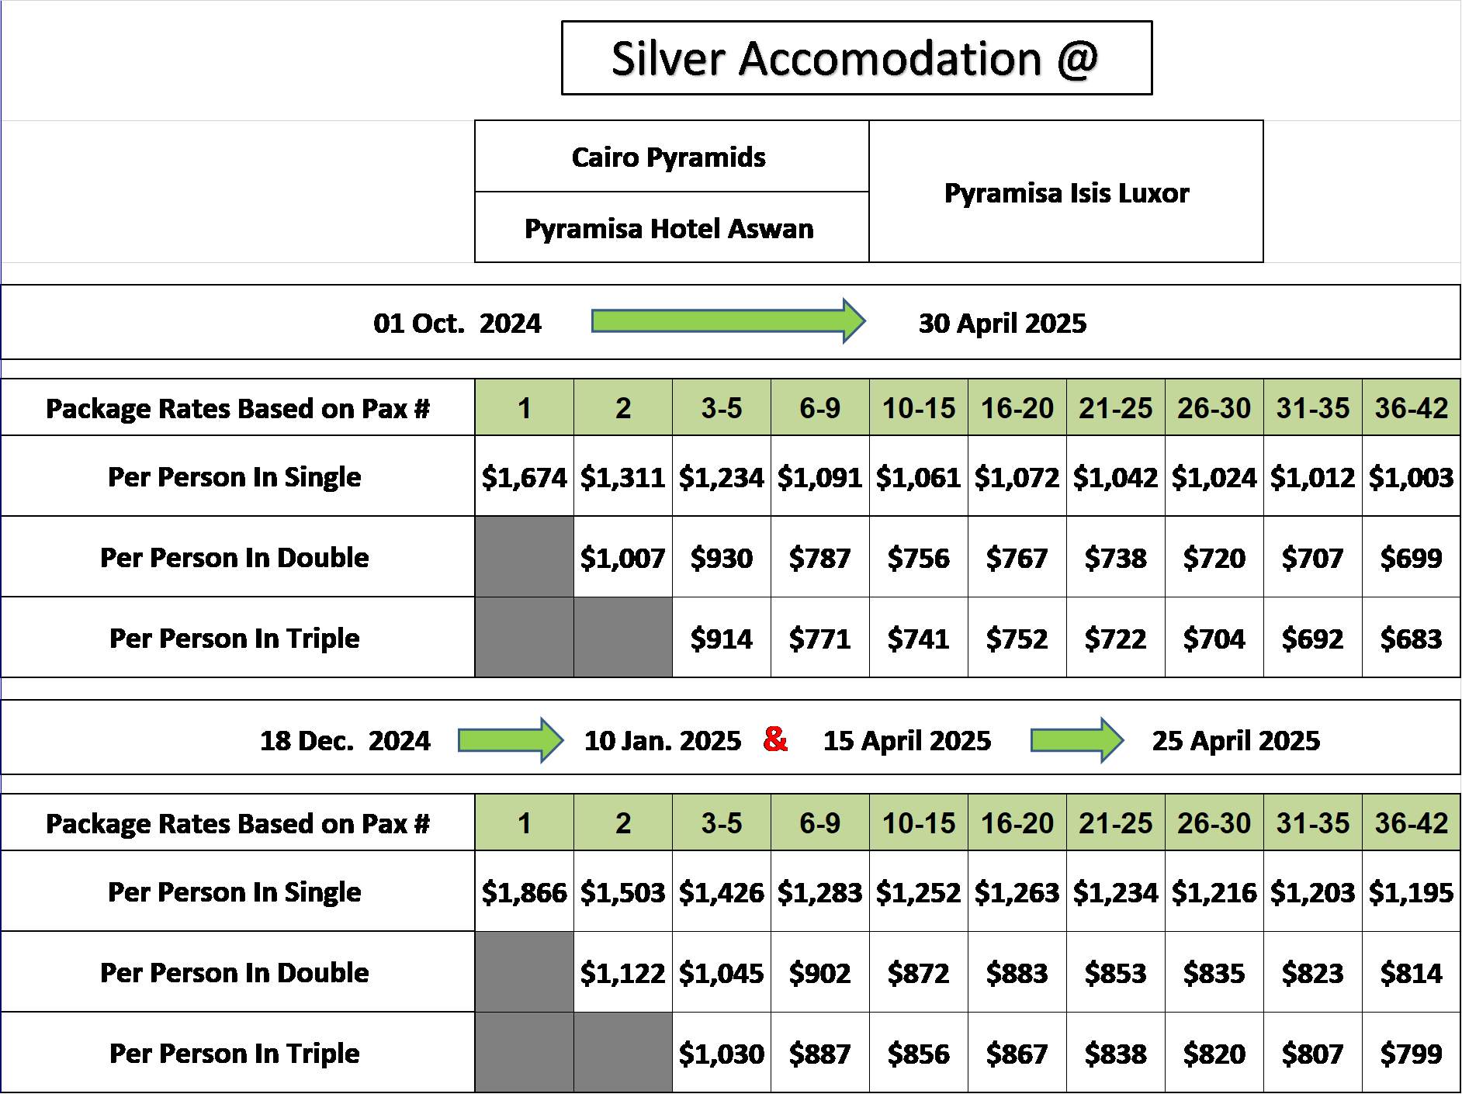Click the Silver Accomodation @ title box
point(857,58)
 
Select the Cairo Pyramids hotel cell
point(672,157)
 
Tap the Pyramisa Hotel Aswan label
point(669,229)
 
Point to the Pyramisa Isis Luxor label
point(1066,192)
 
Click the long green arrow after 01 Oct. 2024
point(728,320)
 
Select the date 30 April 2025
point(1003,323)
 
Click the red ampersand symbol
point(775,739)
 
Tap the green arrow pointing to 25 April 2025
point(1077,740)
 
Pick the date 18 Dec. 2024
point(345,740)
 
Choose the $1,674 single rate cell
point(525,476)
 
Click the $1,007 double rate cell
point(623,557)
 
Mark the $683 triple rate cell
point(1412,638)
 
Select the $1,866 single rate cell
point(525,891)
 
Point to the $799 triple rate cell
point(1412,1053)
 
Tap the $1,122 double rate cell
point(623,972)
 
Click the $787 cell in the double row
point(820,557)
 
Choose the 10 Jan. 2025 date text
point(663,740)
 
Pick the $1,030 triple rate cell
point(722,1053)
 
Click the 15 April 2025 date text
point(907,740)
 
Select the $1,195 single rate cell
point(1412,891)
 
